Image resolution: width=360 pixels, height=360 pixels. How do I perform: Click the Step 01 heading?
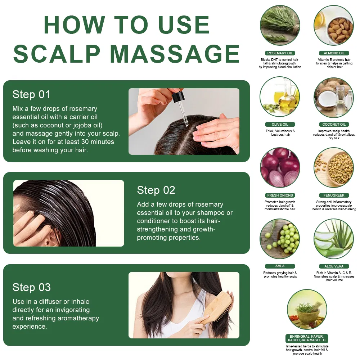click(x=31, y=95)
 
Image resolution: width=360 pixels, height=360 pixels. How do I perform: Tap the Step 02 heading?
click(x=156, y=190)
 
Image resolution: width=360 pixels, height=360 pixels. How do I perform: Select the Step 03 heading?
click(x=31, y=287)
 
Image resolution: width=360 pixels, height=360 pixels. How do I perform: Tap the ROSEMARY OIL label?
click(x=280, y=53)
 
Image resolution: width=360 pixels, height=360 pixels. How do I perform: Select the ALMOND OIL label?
click(x=334, y=53)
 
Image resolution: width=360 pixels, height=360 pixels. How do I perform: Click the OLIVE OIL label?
click(x=280, y=125)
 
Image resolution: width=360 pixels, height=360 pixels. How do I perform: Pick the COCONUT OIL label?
click(x=334, y=125)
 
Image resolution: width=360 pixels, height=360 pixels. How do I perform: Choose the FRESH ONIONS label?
click(x=280, y=195)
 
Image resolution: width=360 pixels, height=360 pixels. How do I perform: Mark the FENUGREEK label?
click(x=334, y=195)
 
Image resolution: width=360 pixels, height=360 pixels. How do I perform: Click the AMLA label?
click(x=280, y=266)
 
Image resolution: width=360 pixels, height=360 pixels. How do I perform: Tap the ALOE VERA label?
click(x=334, y=266)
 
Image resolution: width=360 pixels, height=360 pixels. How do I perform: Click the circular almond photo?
click(x=334, y=25)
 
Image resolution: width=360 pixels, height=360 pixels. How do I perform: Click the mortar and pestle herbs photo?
click(x=307, y=310)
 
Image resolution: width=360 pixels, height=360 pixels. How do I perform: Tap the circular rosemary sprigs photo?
click(x=280, y=25)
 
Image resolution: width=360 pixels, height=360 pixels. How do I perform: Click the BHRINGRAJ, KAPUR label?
click(x=307, y=338)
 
